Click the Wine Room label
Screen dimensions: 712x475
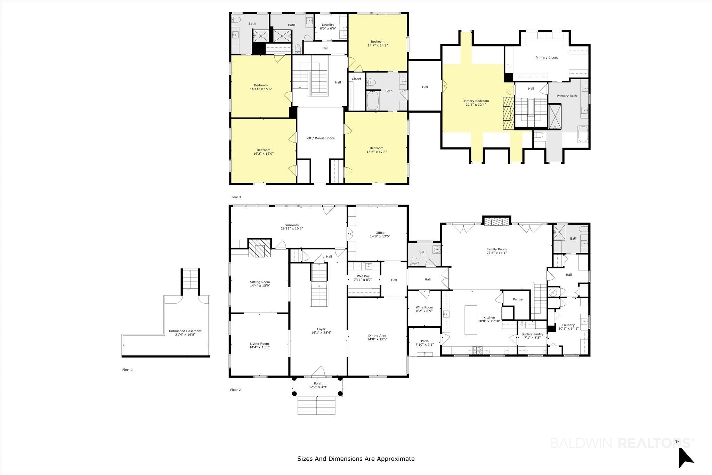(424, 307)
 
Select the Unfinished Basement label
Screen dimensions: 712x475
(185, 331)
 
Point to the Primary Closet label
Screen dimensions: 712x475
(547, 58)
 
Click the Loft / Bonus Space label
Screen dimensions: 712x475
(320, 138)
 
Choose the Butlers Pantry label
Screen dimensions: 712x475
(532, 334)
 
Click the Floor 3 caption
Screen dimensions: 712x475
(236, 197)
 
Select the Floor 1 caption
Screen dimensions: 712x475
(127, 370)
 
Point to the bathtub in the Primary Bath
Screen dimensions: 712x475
(583, 135)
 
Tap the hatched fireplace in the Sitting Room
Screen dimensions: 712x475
(259, 248)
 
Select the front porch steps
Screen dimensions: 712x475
(316, 406)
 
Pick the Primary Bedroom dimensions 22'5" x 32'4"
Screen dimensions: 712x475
(475, 104)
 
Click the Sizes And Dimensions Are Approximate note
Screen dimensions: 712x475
(356, 459)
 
